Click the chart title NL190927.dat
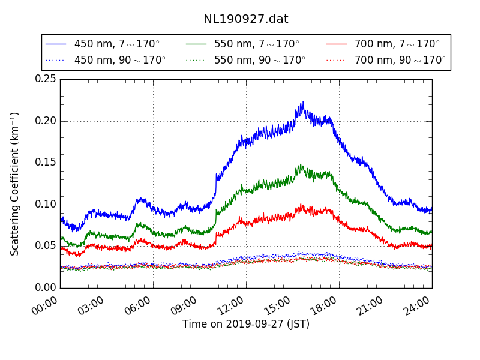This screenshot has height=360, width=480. [245, 19]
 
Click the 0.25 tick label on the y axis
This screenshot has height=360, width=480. [46, 79]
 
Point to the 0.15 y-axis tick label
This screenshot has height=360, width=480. [46, 163]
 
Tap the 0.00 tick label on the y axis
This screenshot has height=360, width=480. [46, 287]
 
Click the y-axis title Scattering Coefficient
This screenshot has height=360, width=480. [15, 184]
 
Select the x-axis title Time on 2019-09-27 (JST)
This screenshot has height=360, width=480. [246, 324]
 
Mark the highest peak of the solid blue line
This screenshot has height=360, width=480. [302, 102]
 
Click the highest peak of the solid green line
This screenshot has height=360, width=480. [301, 164]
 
